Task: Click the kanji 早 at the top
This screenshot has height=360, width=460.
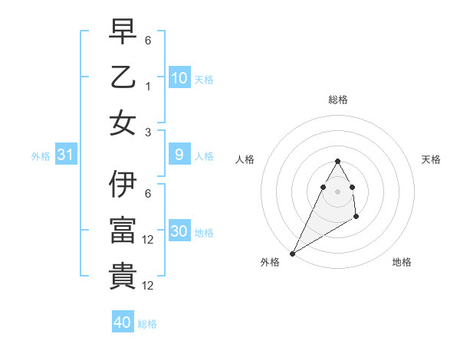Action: (123, 33)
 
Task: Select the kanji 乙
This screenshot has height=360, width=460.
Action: (123, 77)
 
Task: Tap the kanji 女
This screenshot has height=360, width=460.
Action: (123, 122)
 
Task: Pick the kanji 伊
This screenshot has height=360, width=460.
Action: (123, 185)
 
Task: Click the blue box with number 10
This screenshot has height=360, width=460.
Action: (179, 77)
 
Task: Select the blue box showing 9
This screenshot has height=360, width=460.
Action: (179, 155)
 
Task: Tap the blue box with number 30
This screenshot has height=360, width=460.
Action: (179, 231)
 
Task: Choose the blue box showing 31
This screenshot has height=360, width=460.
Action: (66, 155)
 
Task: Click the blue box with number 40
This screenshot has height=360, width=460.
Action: (123, 322)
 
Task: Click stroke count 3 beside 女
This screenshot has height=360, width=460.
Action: (148, 132)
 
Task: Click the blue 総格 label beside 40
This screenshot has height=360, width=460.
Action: (147, 324)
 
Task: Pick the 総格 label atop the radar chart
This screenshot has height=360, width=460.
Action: (337, 100)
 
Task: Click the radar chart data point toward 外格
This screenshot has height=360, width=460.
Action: (292, 254)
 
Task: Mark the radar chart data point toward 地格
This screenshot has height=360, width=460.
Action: (356, 218)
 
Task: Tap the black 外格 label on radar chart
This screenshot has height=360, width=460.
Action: (270, 262)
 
